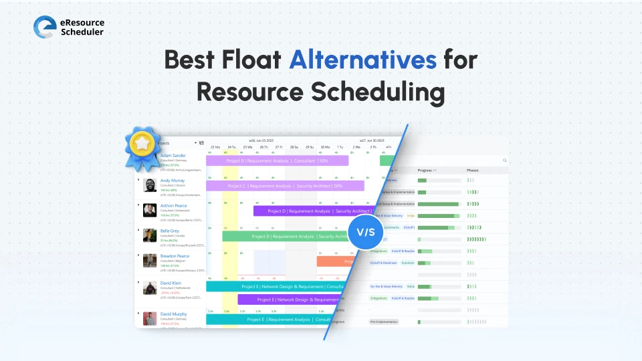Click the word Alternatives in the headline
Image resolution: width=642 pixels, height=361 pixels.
pos(362,59)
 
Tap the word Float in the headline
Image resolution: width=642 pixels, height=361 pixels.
pos(251,59)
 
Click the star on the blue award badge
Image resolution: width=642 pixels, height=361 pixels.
pos(142,142)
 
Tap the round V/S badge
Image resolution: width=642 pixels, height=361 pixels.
pos(366,231)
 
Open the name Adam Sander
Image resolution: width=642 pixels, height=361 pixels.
pos(173,155)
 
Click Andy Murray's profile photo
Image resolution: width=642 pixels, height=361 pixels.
pos(150,185)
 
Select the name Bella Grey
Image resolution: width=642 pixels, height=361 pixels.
pos(170,231)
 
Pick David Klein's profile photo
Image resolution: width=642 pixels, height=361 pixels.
pos(150,287)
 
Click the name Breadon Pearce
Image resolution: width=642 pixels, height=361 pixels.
pos(175,256)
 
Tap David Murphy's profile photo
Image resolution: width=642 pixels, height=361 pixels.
pos(150,318)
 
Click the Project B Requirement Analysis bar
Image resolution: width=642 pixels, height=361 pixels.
pos(277,160)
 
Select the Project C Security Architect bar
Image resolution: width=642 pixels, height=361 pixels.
pos(285,186)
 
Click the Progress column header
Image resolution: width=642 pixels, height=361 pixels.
pos(425,170)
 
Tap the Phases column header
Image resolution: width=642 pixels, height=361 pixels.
pos(473,170)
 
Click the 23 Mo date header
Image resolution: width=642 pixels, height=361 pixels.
pos(215,146)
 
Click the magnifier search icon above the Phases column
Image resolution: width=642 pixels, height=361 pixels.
pos(504,160)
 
